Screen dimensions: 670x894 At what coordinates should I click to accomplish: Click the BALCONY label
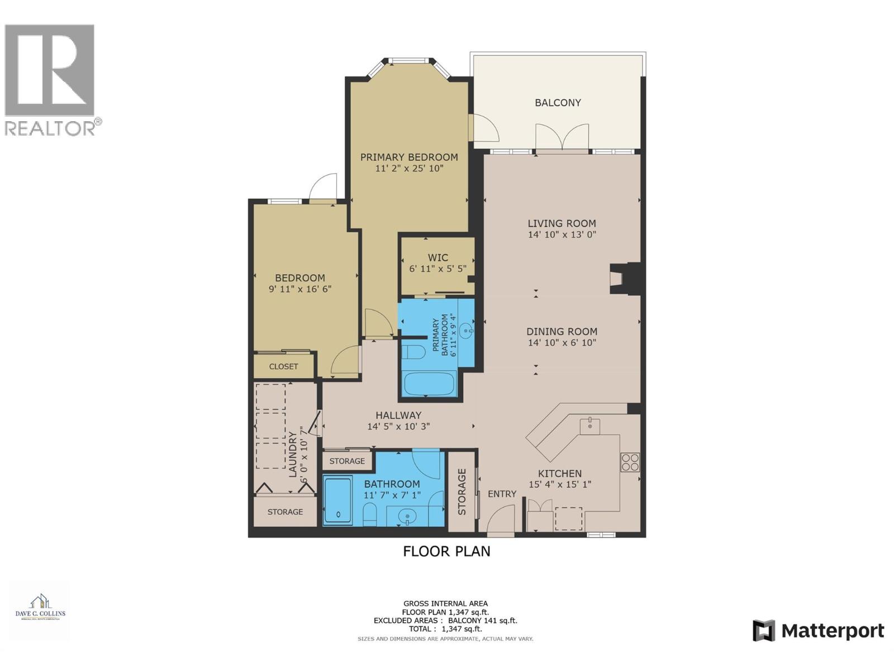(x=558, y=103)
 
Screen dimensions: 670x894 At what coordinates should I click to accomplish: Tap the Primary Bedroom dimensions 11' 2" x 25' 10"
(x=409, y=168)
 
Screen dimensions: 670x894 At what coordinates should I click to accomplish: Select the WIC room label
(x=438, y=257)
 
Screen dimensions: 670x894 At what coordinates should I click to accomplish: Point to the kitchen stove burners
(x=630, y=462)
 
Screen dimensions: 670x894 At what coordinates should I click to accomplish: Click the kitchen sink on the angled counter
(x=589, y=426)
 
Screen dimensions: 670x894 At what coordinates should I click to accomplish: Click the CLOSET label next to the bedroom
(x=283, y=367)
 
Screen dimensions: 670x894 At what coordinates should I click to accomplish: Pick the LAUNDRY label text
(x=292, y=454)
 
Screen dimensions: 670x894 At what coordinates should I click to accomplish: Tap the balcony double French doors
(x=562, y=137)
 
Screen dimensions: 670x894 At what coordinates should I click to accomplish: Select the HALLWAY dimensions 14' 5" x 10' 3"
(x=398, y=427)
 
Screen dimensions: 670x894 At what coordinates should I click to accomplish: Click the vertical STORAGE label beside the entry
(x=462, y=491)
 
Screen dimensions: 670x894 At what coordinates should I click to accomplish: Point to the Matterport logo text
(x=833, y=631)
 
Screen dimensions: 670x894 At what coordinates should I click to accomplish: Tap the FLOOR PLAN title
(x=446, y=552)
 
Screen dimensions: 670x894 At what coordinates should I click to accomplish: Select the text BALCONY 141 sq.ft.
(x=483, y=620)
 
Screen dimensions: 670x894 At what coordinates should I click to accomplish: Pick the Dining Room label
(x=562, y=332)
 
